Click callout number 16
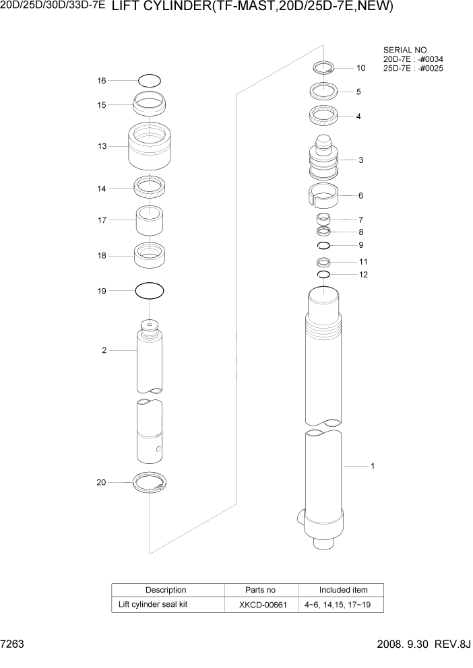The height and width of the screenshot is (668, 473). [102, 81]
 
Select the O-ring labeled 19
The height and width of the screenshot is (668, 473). [150, 292]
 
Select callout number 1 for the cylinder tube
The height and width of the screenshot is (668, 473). [373, 465]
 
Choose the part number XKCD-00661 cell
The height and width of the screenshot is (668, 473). [262, 605]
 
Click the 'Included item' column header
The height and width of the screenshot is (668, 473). [343, 590]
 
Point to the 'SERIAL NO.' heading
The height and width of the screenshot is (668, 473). [406, 50]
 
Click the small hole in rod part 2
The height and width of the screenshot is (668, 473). [158, 449]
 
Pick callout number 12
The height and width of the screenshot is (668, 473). [363, 275]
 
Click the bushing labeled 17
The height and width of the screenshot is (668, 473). [150, 220]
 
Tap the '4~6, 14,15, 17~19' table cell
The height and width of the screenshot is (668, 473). [342, 605]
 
